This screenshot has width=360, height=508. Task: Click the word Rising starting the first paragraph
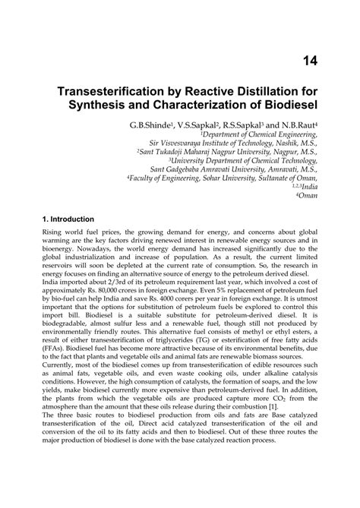(x=55, y=235)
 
